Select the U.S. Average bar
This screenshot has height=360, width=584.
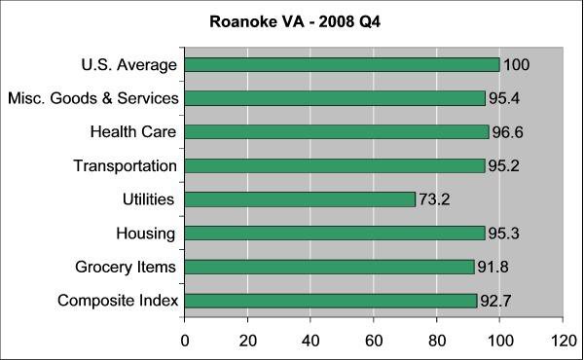click(342, 65)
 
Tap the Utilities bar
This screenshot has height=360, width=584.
click(300, 199)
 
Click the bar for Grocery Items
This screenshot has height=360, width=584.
click(329, 267)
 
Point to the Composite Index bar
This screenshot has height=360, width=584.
click(331, 301)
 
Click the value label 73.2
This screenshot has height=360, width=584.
click(436, 200)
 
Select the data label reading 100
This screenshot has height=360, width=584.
click(517, 65)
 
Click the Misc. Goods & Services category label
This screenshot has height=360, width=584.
click(92, 98)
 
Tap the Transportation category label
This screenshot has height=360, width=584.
click(125, 166)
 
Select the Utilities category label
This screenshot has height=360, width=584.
click(148, 199)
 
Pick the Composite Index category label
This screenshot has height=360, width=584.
click(118, 301)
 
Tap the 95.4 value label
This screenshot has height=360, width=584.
click(505, 99)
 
